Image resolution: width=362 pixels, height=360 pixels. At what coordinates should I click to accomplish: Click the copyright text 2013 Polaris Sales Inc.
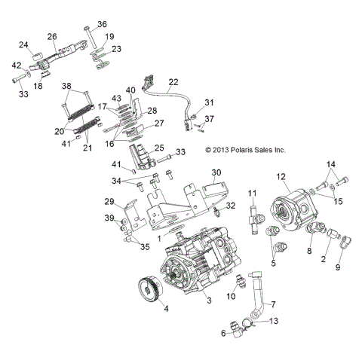[246, 150]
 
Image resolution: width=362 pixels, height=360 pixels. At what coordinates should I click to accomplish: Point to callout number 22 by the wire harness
[173, 81]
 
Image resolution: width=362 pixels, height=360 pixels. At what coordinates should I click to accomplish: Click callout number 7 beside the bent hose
[273, 304]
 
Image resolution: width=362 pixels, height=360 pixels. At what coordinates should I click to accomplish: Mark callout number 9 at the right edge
[337, 267]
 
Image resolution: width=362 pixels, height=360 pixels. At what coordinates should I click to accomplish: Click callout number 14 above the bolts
[329, 164]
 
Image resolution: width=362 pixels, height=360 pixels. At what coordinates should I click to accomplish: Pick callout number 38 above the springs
[66, 85]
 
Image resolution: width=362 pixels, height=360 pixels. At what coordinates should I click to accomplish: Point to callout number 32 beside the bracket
[232, 205]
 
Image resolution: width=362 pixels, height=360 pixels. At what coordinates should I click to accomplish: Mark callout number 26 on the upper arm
[52, 37]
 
